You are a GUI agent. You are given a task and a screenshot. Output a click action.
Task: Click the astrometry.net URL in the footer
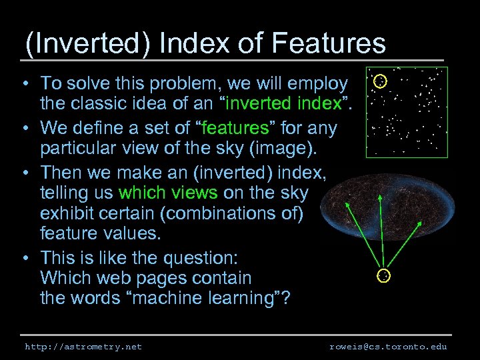(x=83, y=347)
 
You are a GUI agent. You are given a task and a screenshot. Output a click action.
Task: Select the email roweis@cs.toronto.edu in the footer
(x=388, y=347)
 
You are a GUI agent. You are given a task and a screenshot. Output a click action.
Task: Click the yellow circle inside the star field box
(x=379, y=82)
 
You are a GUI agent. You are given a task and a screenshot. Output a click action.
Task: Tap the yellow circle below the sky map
(x=384, y=275)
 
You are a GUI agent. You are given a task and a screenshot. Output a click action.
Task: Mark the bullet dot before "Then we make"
(x=23, y=173)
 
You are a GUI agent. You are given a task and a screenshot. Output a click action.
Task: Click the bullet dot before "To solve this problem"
(x=23, y=85)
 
